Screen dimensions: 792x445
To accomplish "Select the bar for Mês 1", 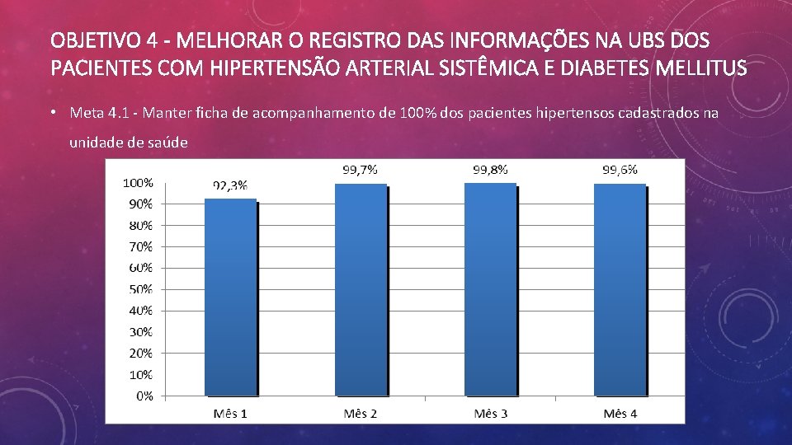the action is point(231,297).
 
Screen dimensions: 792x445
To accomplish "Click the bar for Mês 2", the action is point(361,289).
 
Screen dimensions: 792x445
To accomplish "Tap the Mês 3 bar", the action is point(491,289).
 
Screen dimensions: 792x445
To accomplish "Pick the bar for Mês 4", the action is point(620,289).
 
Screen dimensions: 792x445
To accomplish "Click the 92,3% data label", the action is point(230,185).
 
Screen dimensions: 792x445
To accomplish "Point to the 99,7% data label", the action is point(361,170).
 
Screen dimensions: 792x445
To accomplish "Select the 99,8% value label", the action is point(490,170).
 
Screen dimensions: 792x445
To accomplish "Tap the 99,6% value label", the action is point(620,170).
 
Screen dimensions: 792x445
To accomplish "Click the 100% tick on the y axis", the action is point(138,183).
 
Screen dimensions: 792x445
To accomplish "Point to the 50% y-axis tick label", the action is point(141,289).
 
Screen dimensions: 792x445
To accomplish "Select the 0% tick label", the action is point(144,396).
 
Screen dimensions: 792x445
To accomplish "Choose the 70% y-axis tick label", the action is point(141,246).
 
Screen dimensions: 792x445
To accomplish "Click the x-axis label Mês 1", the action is point(230,414).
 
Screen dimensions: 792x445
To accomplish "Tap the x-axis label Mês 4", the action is point(620,414).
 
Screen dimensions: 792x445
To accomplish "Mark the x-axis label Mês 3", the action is point(490,414).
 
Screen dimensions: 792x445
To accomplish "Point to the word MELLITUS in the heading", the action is point(701,68).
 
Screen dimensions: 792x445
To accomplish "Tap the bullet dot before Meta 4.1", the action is point(53,112).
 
